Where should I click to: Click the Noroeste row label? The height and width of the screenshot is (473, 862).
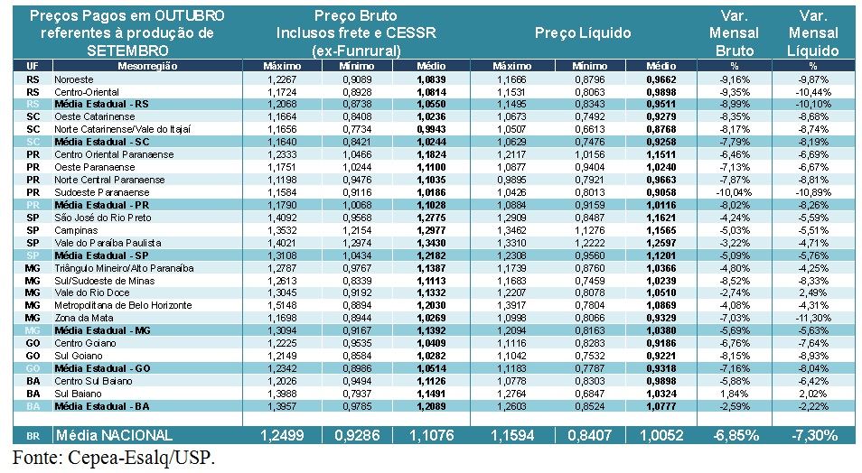coord(74,79)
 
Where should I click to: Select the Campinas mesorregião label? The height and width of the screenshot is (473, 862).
coord(76,230)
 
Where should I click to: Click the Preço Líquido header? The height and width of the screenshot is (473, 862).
coord(582,33)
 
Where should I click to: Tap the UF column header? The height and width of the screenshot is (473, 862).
coord(33,67)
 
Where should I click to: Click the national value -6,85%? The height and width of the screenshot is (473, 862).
coord(735,435)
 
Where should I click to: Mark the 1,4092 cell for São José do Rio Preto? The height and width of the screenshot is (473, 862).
coord(282,218)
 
